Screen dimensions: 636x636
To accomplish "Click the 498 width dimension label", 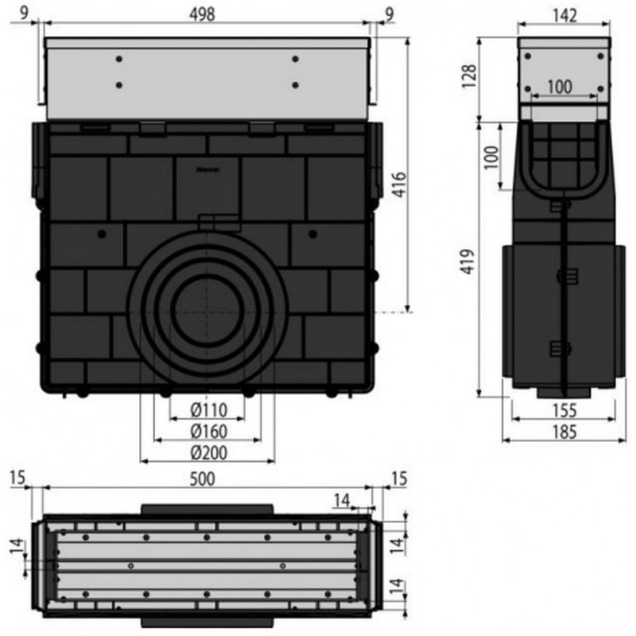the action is tap(203, 15).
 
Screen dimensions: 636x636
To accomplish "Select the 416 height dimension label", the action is tap(400, 184).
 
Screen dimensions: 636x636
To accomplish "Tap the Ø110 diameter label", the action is tap(209, 410).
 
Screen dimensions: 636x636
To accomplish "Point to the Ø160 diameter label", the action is tap(209, 432).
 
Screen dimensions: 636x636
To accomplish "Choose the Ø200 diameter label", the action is tap(209, 452).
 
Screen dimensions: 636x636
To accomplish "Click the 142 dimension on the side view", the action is tap(564, 16).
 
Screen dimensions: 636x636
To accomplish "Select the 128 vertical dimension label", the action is tap(468, 76).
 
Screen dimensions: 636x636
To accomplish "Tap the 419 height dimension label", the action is tap(467, 262).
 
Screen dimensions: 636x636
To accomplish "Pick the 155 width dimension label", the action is tap(564, 411).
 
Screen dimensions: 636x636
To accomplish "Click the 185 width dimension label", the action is tap(564, 432).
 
